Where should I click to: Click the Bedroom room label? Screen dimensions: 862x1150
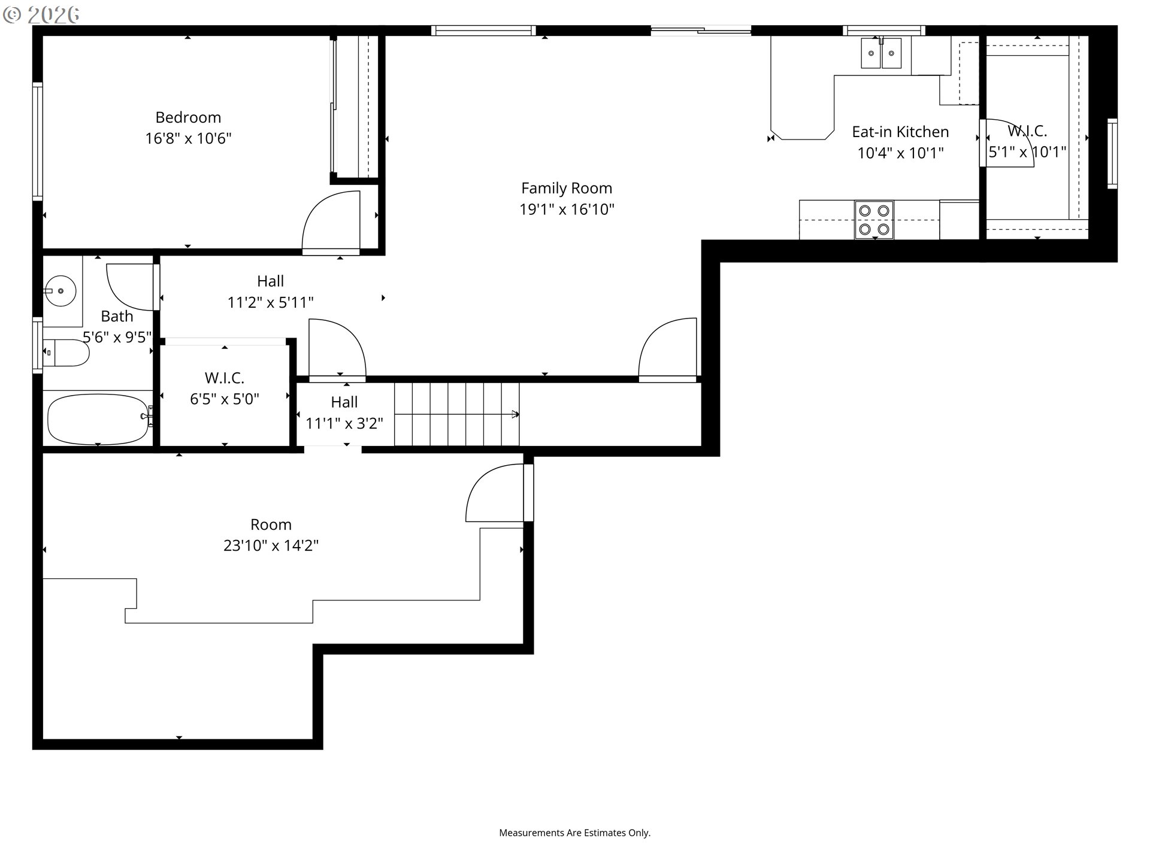pos(188,117)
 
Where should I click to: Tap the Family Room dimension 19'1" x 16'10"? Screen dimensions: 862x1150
pos(567,210)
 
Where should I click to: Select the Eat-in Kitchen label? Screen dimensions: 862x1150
pos(900,132)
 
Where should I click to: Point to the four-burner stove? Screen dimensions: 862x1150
pos(874,220)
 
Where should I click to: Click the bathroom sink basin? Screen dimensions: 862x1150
pos(60,290)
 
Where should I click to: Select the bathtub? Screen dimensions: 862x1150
pos(98,419)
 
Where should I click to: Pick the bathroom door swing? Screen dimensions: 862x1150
pos(129,286)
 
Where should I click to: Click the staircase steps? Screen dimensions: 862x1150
pos(456,414)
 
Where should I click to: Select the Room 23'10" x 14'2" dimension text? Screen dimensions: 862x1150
pos(271,546)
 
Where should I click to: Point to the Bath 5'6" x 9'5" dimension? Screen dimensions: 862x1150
pos(117,338)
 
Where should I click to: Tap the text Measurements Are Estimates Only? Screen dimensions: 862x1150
pos(574,833)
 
